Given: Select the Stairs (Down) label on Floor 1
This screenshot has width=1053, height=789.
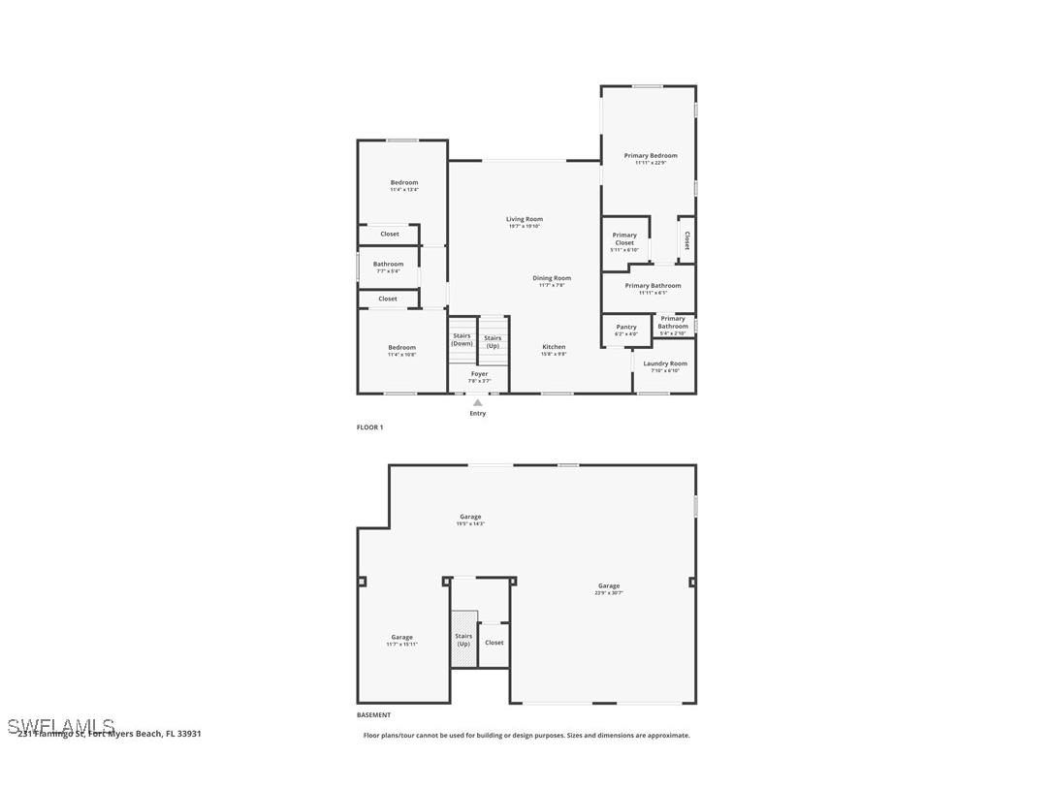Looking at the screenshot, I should click(462, 339).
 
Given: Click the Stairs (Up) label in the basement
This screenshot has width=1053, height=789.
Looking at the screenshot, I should click(463, 640).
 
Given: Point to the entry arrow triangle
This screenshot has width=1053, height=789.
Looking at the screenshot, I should click(478, 402).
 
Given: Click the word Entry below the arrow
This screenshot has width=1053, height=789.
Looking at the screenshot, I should click(478, 414).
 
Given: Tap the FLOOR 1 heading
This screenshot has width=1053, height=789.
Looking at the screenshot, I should click(370, 427).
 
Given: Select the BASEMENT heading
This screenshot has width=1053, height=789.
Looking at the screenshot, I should click(374, 715).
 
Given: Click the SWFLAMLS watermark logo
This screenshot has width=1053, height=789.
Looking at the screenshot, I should click(60, 726).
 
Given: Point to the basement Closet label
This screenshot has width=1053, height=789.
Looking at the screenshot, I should click(495, 643).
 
